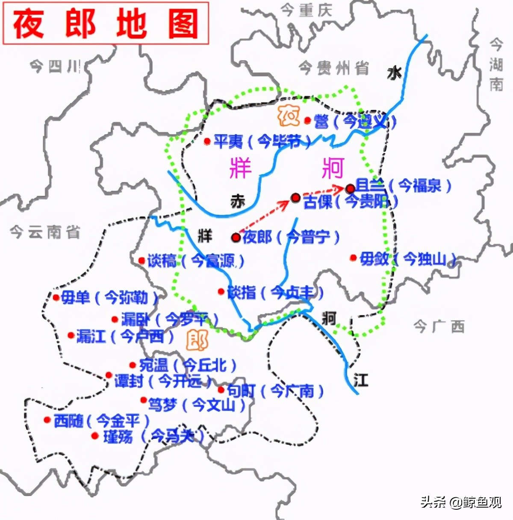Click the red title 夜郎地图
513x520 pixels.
click(x=106, y=24)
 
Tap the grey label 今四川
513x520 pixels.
click(x=55, y=67)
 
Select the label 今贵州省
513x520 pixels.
click(x=333, y=68)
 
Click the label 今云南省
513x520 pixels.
click(x=45, y=232)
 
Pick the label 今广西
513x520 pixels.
click(x=439, y=327)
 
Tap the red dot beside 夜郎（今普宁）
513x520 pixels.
click(x=235, y=237)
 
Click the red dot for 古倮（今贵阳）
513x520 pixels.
click(x=295, y=197)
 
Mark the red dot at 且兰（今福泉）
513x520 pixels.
click(x=350, y=188)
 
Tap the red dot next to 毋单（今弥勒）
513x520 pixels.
click(x=56, y=298)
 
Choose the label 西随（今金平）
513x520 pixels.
click(x=101, y=421)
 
